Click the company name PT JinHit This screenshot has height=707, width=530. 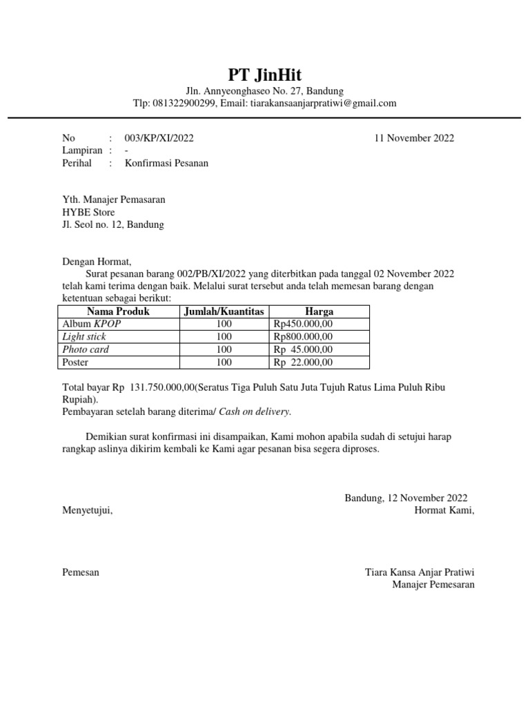[265, 75]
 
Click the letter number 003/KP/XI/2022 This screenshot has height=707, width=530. [159, 138]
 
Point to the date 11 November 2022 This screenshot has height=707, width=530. [414, 138]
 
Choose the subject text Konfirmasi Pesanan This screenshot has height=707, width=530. [166, 164]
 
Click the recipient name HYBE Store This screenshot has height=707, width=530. [89, 212]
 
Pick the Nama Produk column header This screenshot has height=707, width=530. [118, 312]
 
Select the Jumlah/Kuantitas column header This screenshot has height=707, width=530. [224, 312]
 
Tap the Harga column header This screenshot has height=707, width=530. [319, 312]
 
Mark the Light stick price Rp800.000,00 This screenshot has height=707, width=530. [303, 337]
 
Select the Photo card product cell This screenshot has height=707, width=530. [86, 349]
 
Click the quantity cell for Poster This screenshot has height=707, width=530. [224, 362]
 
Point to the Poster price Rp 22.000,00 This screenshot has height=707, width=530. [303, 362]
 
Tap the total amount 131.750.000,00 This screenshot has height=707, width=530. [162, 387]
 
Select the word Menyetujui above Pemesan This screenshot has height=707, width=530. [87, 511]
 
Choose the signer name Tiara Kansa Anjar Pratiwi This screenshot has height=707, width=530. [420, 572]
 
